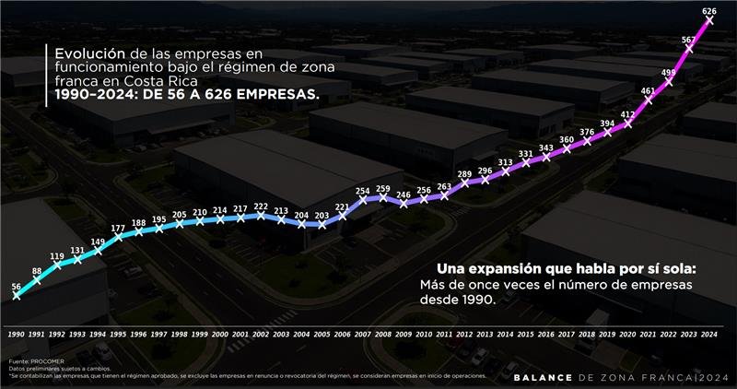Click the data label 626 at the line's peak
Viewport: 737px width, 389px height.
click(x=708, y=12)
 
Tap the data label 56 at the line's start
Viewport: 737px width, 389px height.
click(x=17, y=287)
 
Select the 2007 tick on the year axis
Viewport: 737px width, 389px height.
click(x=362, y=334)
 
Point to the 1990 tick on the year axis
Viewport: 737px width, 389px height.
click(x=17, y=334)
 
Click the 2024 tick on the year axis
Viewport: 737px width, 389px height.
click(x=708, y=334)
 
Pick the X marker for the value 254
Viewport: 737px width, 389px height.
click(x=362, y=199)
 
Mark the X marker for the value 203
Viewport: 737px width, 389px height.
click(x=322, y=225)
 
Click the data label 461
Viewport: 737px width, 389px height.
click(x=648, y=91)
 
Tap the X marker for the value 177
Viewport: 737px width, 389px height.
click(x=119, y=238)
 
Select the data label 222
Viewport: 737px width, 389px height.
click(x=261, y=206)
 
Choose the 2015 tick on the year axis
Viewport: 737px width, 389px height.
click(x=525, y=334)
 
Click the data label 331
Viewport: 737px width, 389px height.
click(x=525, y=154)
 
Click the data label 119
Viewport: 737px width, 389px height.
click(x=57, y=256)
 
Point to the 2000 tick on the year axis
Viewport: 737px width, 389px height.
click(x=220, y=334)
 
